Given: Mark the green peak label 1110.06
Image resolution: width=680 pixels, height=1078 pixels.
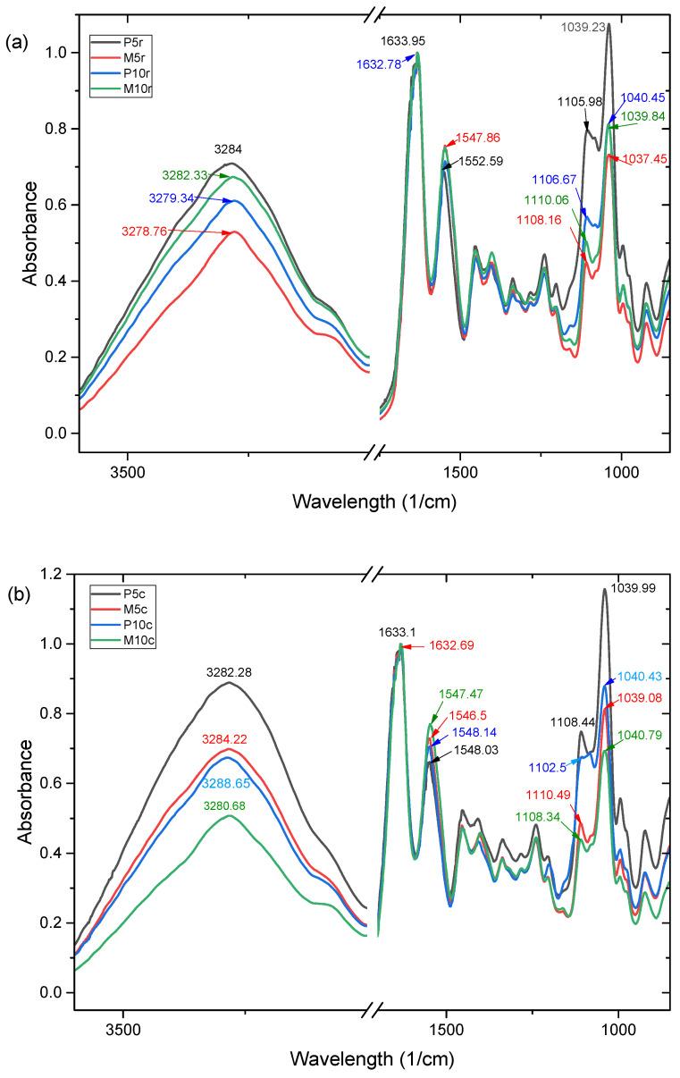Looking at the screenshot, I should (x=544, y=201).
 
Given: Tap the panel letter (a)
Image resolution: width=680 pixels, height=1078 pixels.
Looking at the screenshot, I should (x=15, y=16).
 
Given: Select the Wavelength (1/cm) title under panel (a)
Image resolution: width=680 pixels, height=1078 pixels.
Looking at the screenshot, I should (x=374, y=501).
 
